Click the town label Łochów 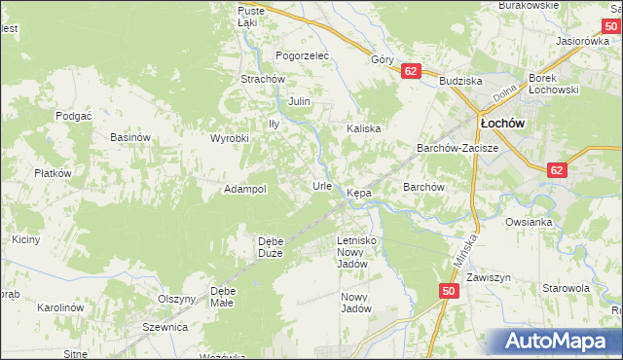502,125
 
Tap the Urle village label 322,185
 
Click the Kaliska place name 364,128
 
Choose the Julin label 299,101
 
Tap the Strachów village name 262,79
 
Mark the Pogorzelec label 303,55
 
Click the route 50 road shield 448,291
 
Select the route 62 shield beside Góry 411,71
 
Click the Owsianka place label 529,222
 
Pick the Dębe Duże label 270,247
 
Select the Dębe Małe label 223,296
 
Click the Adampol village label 245,189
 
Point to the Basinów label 129,138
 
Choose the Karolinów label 59,307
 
